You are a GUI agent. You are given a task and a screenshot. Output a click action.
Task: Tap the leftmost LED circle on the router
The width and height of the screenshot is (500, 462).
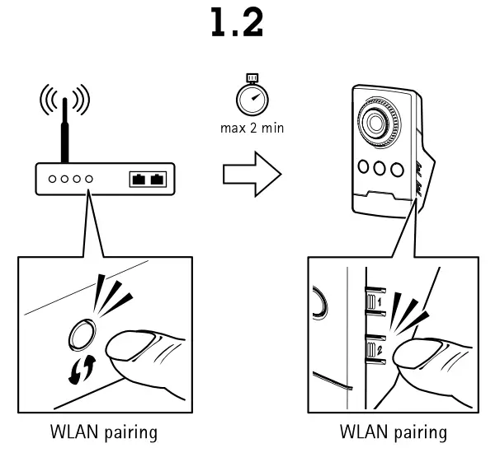[51, 178]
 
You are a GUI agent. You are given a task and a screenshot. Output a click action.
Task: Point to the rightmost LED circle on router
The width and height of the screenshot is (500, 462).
[88, 178]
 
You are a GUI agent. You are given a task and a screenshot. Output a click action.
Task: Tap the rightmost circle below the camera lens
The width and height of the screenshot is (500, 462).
[398, 170]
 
